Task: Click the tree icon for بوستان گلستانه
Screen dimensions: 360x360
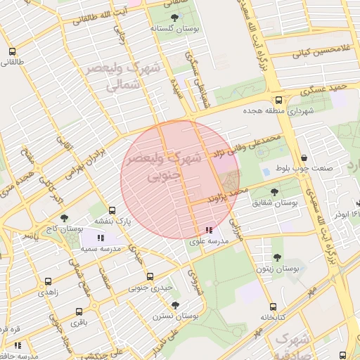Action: [x=174, y=17]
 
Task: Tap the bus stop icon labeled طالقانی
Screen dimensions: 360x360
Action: [x=12, y=51]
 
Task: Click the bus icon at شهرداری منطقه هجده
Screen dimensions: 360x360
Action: [x=279, y=100]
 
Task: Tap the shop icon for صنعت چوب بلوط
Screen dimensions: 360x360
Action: [x=303, y=157]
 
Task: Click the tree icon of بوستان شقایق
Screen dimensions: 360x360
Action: [x=274, y=191]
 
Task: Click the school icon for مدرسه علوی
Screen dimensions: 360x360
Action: [x=209, y=230]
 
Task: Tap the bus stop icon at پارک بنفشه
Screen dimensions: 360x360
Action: [x=112, y=210]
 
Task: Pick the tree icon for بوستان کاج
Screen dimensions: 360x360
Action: [x=65, y=218]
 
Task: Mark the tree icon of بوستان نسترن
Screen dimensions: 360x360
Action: [x=174, y=304]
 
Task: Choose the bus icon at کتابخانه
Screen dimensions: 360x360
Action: [x=273, y=307]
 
